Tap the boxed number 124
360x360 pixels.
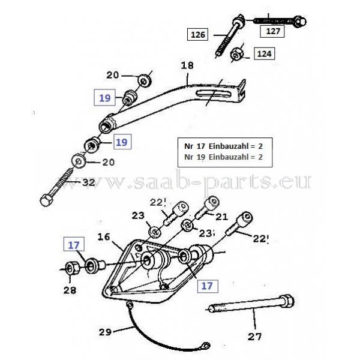coord(264,53)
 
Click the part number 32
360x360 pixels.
coord(88,182)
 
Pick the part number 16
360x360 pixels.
coord(103,238)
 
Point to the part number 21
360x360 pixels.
coord(222,215)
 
